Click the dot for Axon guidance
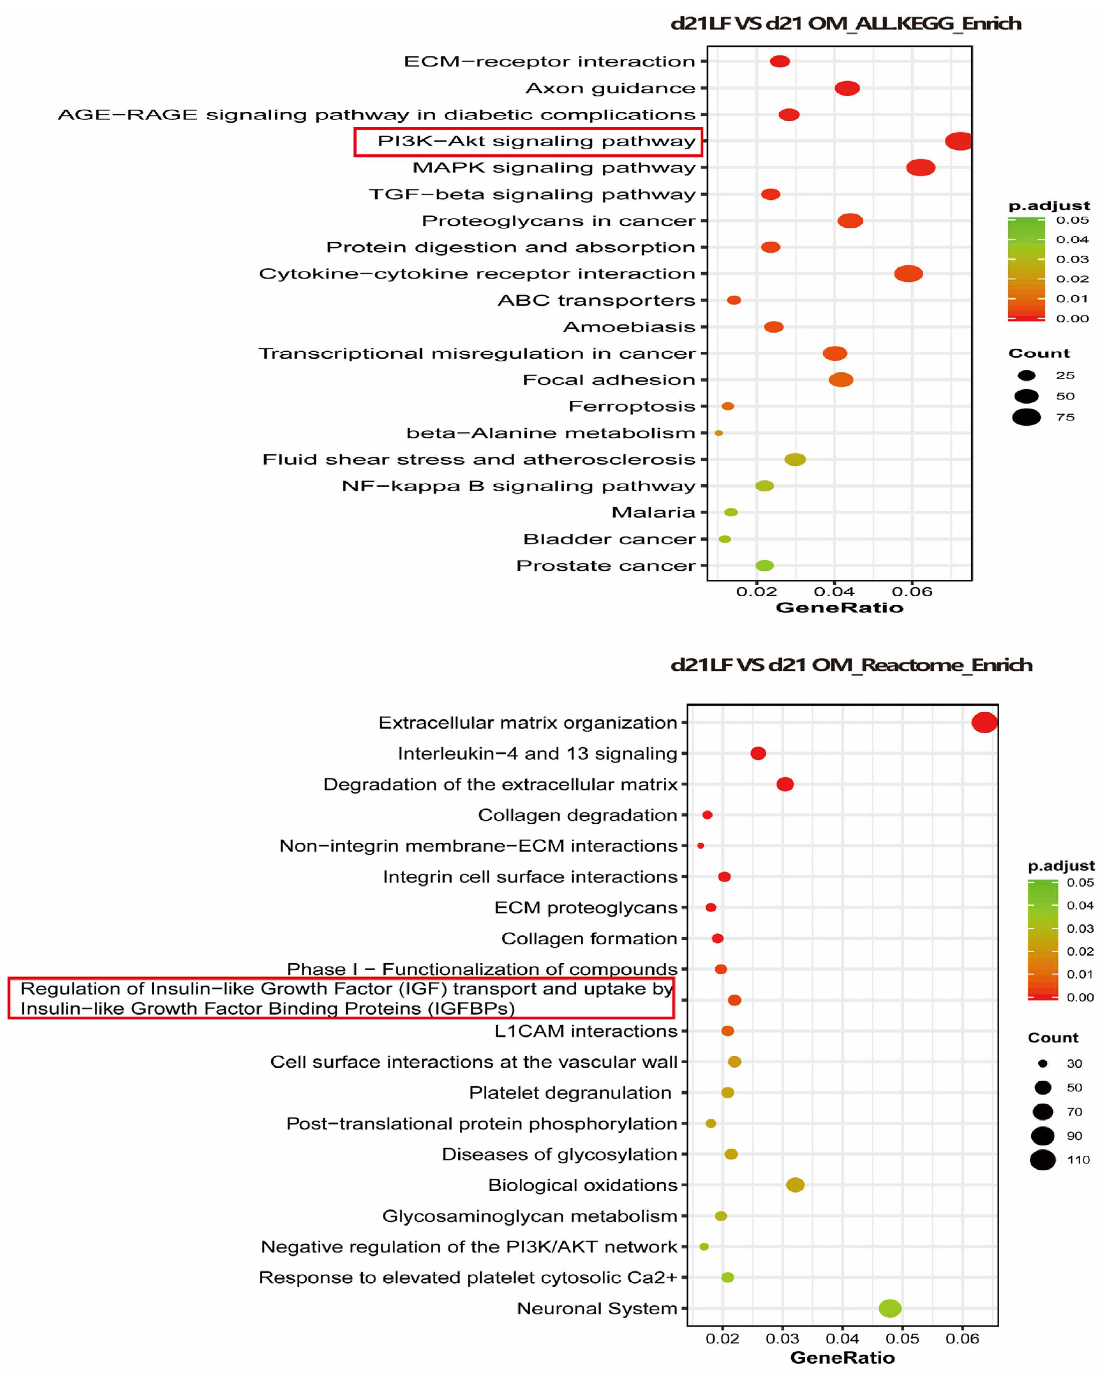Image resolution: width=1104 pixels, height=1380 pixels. pos(846,88)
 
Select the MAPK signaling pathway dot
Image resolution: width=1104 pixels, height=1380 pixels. pos(920,168)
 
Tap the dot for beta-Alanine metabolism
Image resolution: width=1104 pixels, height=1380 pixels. pos(718,433)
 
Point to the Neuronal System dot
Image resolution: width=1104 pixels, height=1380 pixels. pos(889,1308)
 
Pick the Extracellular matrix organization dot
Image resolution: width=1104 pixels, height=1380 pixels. pos(984,723)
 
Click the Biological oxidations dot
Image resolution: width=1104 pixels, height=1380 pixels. pos(795,1185)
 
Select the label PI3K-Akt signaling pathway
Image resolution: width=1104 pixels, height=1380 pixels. pos(536,142)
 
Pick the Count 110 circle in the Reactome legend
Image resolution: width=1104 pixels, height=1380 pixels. pos(1043,1160)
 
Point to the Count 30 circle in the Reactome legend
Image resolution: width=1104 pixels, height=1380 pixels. pos(1043,1064)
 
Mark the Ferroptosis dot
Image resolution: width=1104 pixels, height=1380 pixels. pos(728,406)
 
